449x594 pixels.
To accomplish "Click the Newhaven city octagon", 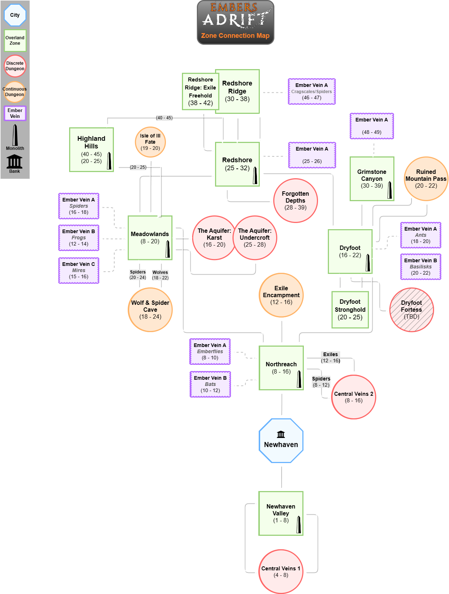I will [x=281, y=440].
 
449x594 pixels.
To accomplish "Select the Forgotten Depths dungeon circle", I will [x=295, y=200].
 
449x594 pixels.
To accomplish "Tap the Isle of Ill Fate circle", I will [x=150, y=142].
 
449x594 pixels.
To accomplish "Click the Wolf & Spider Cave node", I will [x=150, y=310].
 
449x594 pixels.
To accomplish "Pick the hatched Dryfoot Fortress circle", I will [x=412, y=310].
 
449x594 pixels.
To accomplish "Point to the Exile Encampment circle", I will [x=281, y=295].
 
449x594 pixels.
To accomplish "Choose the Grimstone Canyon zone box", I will [x=372, y=179].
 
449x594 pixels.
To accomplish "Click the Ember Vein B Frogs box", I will [x=79, y=238].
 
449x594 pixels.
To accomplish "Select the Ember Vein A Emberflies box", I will [x=210, y=351].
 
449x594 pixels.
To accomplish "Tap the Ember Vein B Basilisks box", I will [x=421, y=267].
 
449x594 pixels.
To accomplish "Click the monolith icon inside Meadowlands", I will [x=168, y=249].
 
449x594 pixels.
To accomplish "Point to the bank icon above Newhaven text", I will [x=281, y=434].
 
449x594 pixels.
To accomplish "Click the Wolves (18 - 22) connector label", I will [x=160, y=275].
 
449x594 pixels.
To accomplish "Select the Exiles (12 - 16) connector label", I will [x=330, y=357].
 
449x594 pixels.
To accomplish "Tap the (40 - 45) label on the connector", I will [x=164, y=118].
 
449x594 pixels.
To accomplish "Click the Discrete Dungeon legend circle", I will [x=15, y=66].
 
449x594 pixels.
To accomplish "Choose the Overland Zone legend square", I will [x=15, y=40].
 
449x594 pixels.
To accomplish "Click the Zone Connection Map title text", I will [x=235, y=36].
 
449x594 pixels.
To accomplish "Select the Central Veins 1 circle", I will [x=281, y=571].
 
